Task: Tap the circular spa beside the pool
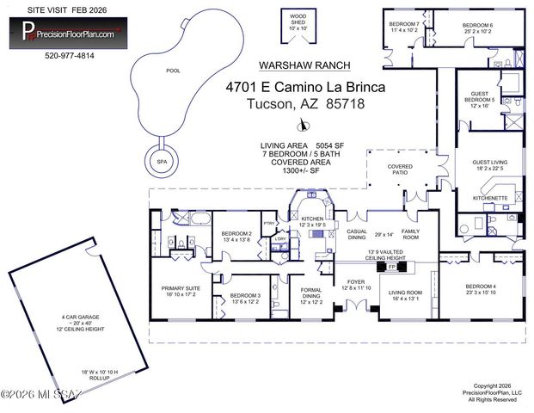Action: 161,161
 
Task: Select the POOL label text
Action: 173,71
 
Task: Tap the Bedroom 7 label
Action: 404,27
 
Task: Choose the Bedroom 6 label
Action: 478,27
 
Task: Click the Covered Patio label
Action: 400,169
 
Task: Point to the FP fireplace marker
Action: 393,268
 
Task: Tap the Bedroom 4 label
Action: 481,289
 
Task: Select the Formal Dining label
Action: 310,298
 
